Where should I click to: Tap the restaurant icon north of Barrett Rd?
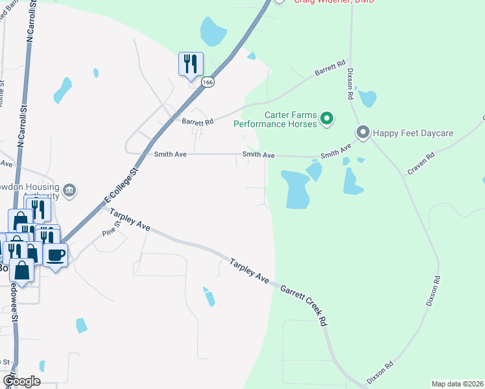[191, 64]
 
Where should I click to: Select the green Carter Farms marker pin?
[327, 118]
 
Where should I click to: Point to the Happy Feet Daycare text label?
[412, 134]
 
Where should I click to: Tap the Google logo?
[21, 381]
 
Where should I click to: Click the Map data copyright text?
[456, 384]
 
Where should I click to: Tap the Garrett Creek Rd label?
[304, 304]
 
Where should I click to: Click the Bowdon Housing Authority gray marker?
[70, 191]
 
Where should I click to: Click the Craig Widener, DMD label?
[335, 2]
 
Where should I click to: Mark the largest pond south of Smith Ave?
[295, 189]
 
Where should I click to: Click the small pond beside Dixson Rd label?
[367, 98]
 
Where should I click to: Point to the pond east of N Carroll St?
[62, 89]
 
